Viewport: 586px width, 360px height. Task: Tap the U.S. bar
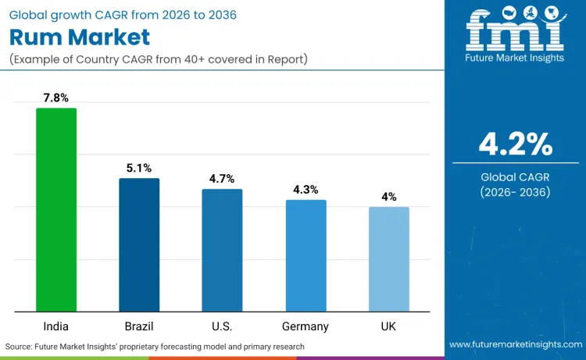[222, 250]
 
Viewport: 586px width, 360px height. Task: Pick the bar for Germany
[306, 255]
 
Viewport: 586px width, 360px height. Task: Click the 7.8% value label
[56, 98]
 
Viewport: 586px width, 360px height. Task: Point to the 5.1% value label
[139, 168]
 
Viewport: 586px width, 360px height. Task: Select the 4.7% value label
[222, 179]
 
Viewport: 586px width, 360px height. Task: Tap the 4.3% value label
[306, 190]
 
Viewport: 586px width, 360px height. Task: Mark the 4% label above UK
[388, 197]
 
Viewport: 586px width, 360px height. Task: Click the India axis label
[56, 326]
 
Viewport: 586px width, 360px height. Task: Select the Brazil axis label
[139, 326]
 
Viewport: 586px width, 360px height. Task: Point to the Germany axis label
[306, 326]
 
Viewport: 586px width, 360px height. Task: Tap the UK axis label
[388, 326]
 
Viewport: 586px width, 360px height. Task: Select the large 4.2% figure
[515, 144]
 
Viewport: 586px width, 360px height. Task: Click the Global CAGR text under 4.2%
[515, 177]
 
